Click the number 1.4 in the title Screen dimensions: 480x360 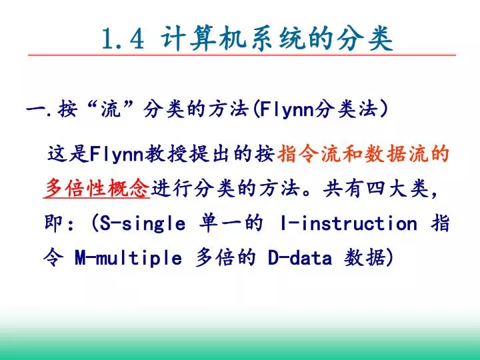coord(123,39)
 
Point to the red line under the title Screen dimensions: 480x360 coord(242,55)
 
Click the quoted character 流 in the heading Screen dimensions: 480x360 coord(111,109)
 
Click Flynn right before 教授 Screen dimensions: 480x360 coord(117,154)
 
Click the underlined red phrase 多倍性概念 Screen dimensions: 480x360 coord(97,188)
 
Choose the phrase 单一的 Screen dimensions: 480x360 coord(231,223)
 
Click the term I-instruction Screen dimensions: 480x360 coord(349,223)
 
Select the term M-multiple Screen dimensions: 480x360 coord(128,258)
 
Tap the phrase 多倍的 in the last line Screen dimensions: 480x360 coord(225,257)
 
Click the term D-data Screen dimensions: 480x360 coord(300,258)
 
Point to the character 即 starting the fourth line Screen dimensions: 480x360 coord(53,223)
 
